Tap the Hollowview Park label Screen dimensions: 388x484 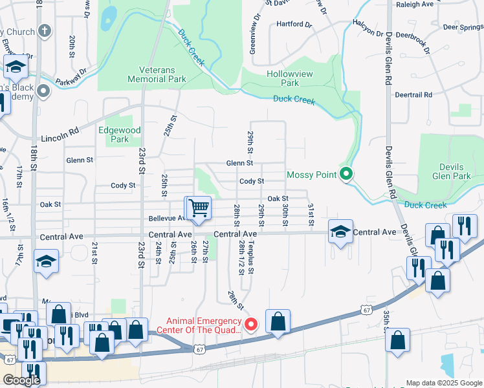[x=290, y=78]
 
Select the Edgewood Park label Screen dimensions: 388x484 [x=119, y=135]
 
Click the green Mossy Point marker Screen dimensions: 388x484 [x=346, y=174]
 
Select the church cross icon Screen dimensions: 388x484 [x=44, y=31]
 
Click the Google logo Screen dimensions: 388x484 [x=21, y=380]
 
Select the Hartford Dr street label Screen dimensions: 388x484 [x=294, y=25]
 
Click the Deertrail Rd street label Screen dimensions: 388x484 [x=413, y=94]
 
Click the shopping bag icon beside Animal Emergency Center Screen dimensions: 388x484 [x=278, y=321]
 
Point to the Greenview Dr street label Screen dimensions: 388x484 [x=253, y=38]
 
